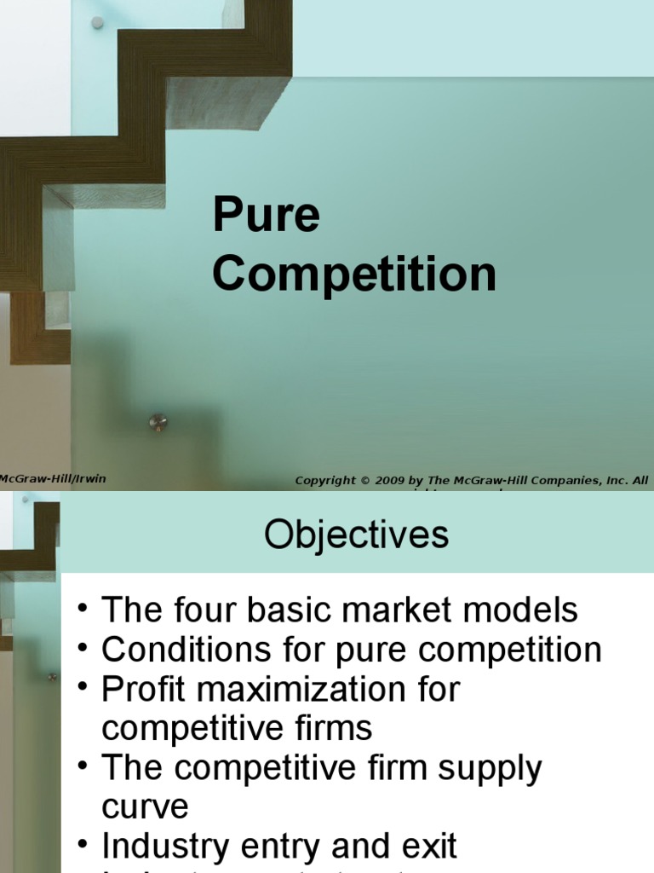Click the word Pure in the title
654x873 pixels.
coord(266,217)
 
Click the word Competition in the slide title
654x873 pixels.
coord(353,275)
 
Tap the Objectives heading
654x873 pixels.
coord(356,535)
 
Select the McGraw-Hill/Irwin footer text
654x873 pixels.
coord(53,478)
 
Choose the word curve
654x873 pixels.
coord(145,807)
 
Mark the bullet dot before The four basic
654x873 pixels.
coord(82,610)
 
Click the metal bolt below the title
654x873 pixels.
coord(158,422)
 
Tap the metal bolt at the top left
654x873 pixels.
coord(97,23)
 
